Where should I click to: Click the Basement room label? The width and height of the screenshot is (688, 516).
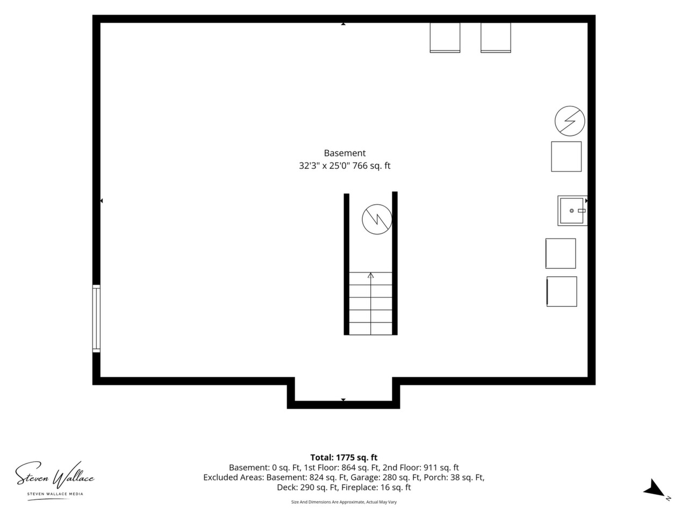[345, 153]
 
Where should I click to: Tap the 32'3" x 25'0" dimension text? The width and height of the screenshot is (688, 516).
[325, 166]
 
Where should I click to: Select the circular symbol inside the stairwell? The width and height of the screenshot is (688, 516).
[377, 219]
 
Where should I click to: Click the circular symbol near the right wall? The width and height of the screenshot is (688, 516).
[570, 121]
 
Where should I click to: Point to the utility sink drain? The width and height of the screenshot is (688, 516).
[572, 211]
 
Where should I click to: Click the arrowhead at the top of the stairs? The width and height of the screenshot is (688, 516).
[371, 275]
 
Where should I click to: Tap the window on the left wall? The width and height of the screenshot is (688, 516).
[96, 318]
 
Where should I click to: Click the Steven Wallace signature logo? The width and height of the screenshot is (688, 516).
[55, 475]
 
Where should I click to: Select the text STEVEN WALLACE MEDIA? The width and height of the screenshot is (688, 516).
[55, 494]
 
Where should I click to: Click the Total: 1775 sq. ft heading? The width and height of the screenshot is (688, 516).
[344, 457]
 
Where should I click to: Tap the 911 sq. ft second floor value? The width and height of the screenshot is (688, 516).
[441, 468]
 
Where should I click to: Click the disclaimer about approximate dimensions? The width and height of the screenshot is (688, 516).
[344, 502]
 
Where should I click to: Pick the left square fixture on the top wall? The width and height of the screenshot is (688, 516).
[445, 38]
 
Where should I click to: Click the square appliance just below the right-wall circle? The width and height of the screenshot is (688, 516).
[567, 156]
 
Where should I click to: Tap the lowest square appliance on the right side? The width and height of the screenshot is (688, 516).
[562, 291]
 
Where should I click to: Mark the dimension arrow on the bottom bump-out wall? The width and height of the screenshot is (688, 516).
[343, 400]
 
